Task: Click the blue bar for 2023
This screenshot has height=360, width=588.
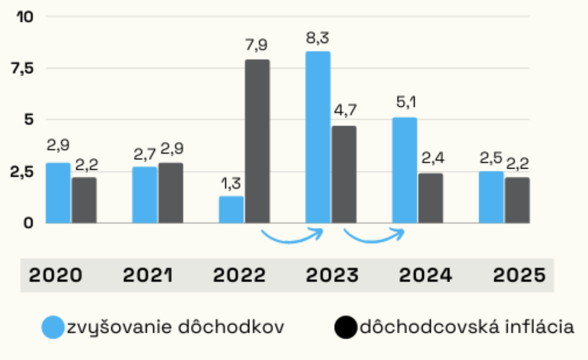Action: pyautogui.click(x=318, y=137)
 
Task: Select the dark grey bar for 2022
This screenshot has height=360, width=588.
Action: pyautogui.click(x=257, y=141)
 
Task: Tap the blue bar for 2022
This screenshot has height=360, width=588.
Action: pyautogui.click(x=231, y=209)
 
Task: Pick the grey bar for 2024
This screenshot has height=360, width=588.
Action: pyautogui.click(x=430, y=197)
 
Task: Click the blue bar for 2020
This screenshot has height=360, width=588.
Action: pyautogui.click(x=58, y=193)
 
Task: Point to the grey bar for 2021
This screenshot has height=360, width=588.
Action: pyautogui.click(x=170, y=193)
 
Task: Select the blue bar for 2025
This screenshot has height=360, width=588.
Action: pyautogui.click(x=491, y=197)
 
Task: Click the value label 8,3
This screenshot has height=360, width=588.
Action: pyautogui.click(x=318, y=39)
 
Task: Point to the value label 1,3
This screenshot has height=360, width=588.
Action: pyautogui.click(x=231, y=184)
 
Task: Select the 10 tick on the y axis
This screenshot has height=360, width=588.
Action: pyautogui.click(x=25, y=17)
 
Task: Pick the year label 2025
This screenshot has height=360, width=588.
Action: pyautogui.click(x=519, y=275)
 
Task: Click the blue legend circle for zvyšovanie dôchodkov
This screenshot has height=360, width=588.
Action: pyautogui.click(x=53, y=327)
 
